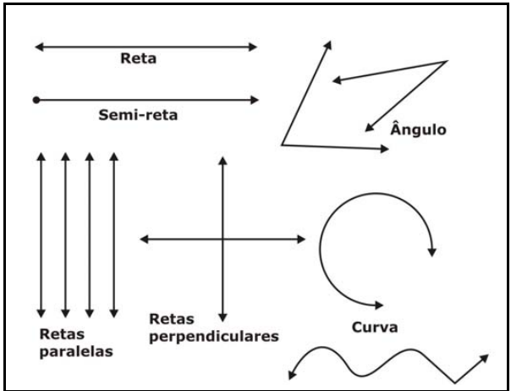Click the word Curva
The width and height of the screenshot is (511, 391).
point(373,325)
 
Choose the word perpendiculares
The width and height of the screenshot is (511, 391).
point(213,336)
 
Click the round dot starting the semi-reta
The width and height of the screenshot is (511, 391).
point(36,100)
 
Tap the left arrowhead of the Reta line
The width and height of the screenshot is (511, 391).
point(38,47)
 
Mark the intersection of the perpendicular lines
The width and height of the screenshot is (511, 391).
point(222,240)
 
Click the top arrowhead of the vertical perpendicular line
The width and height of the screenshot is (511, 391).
point(222,161)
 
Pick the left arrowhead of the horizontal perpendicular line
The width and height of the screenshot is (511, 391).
point(145,240)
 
